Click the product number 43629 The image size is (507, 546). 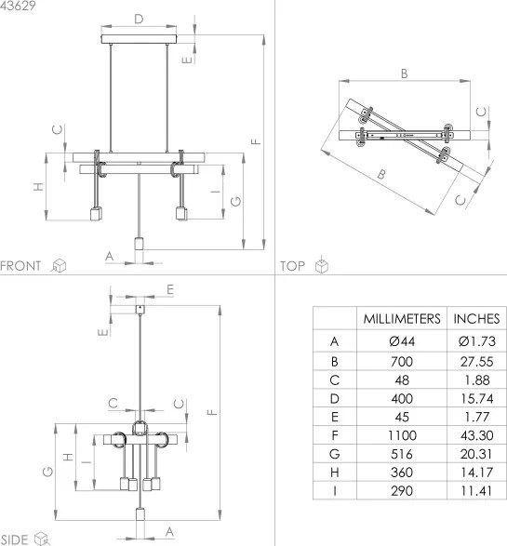[19, 7]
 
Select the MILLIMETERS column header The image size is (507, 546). [400, 318]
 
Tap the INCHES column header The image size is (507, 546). [476, 318]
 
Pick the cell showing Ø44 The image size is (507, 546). [400, 341]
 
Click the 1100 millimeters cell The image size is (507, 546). [400, 433]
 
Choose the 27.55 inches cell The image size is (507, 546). [476, 359]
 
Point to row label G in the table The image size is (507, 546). [333, 452]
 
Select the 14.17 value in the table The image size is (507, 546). [476, 471]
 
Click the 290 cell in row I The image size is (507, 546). [400, 489]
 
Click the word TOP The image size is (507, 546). [293, 266]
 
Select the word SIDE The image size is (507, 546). [15, 539]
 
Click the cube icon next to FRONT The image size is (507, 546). [59, 266]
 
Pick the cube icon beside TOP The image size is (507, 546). [322, 266]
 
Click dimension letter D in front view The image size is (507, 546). [139, 19]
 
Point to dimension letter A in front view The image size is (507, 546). [109, 253]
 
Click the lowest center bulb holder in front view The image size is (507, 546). [139, 249]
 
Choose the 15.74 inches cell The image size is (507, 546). [476, 396]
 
